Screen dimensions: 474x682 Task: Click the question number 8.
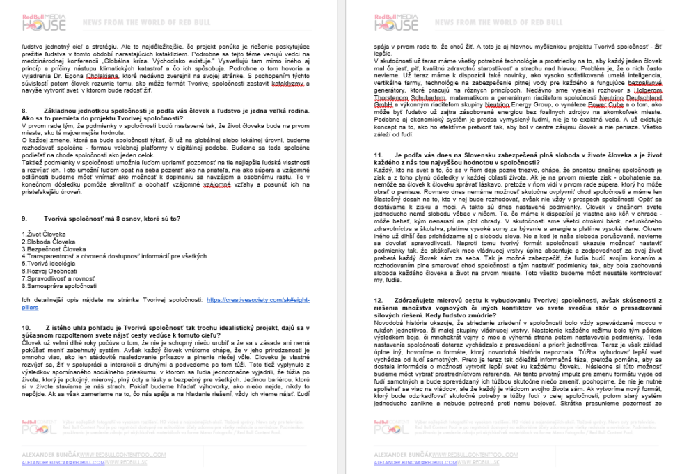coord(25,111)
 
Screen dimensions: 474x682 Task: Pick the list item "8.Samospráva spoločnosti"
coord(60,285)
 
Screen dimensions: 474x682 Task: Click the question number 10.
coord(27,327)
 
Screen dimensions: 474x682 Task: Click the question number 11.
coord(378,172)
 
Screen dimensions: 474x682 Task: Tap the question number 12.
coord(378,299)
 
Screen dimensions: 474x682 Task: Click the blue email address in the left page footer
coord(63,462)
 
